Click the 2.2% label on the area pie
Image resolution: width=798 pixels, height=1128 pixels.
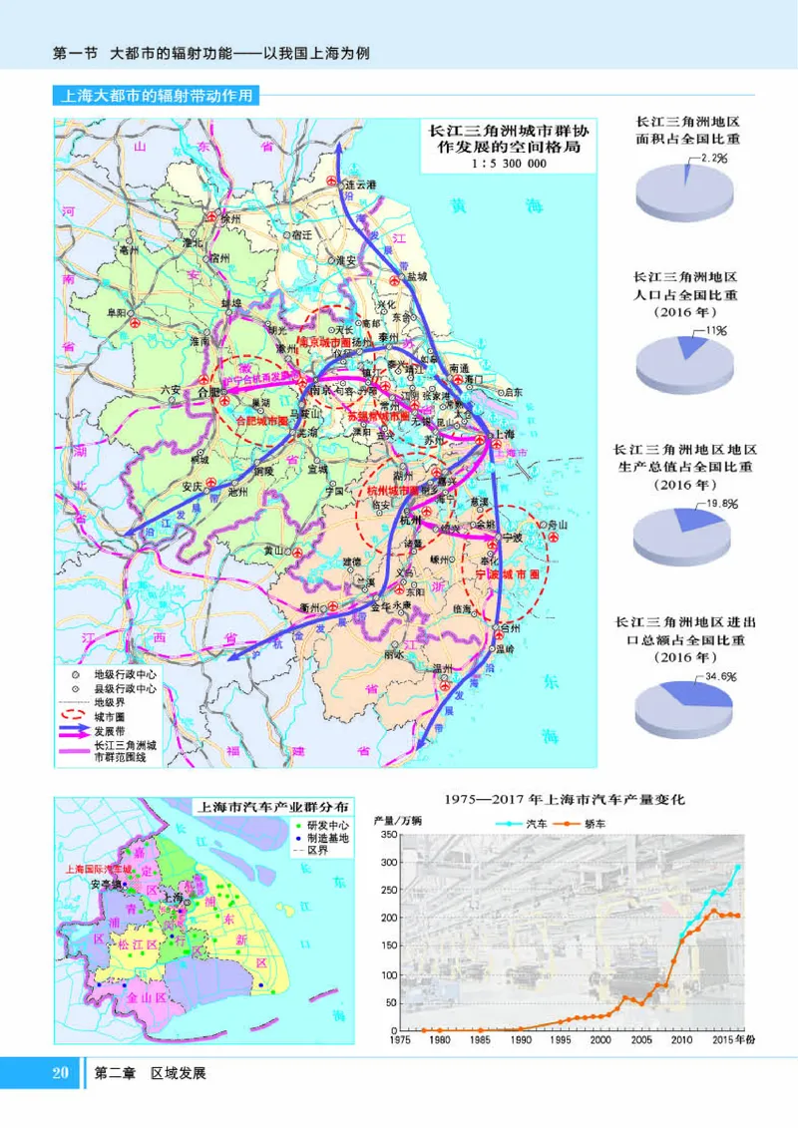click(713, 158)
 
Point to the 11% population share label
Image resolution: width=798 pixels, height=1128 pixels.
click(715, 330)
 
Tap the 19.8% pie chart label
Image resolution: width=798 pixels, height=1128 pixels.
click(720, 505)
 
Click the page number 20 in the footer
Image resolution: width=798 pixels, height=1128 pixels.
click(60, 1073)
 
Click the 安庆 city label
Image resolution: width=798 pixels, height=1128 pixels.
click(194, 488)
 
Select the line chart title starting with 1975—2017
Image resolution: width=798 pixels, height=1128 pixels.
click(567, 799)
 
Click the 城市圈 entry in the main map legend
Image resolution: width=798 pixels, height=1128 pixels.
click(111, 715)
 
